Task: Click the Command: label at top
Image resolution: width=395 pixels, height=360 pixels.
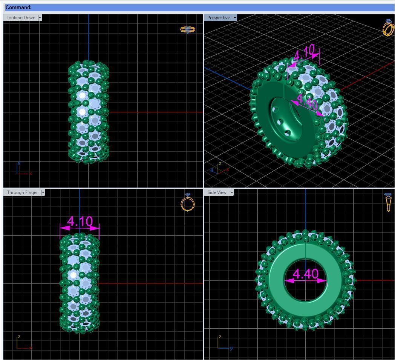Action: click(18, 7)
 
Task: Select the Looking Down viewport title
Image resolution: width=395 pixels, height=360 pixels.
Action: click(21, 18)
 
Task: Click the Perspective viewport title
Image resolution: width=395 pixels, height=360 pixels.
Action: click(218, 18)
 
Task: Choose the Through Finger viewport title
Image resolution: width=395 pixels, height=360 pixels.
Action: click(22, 192)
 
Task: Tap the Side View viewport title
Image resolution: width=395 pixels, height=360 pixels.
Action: click(217, 192)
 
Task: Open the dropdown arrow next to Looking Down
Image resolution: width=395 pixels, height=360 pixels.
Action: click(40, 18)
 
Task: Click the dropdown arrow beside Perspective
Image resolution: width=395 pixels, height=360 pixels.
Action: click(235, 18)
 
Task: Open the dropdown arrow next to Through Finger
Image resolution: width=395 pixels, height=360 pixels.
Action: click(43, 192)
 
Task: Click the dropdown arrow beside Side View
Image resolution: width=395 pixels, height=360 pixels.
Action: click(232, 192)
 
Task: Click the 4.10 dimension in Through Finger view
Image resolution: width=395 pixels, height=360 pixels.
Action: click(80, 222)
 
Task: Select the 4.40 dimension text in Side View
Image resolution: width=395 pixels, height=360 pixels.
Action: click(305, 274)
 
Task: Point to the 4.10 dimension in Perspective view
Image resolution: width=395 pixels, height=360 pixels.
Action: click(304, 54)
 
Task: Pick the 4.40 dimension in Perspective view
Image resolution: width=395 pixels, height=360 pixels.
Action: click(307, 103)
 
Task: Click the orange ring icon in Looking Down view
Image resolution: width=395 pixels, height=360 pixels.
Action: click(187, 29)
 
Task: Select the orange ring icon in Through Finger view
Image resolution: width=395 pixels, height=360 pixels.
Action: click(188, 203)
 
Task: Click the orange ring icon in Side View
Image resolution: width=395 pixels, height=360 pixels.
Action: click(388, 202)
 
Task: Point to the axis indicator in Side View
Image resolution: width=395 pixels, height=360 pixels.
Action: click(224, 343)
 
